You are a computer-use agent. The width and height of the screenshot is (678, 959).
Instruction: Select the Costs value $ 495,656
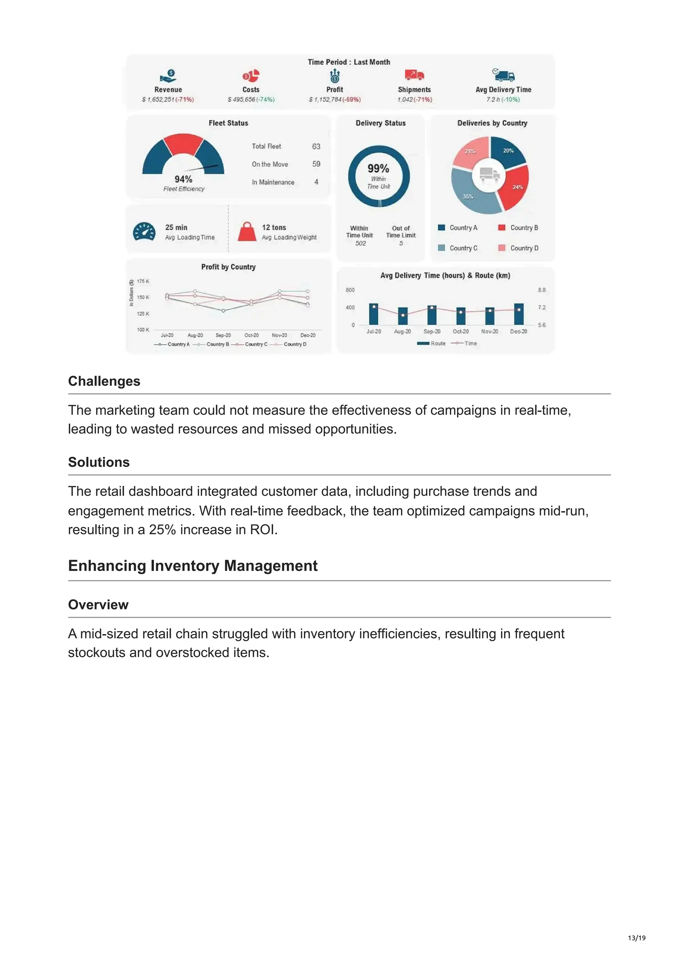click(241, 99)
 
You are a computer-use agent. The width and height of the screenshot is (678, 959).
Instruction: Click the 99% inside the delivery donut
click(378, 169)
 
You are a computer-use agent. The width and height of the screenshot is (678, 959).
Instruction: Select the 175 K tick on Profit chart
click(143, 281)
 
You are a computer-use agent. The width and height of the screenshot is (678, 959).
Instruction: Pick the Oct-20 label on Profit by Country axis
click(252, 335)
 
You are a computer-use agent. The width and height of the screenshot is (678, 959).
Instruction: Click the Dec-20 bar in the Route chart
click(518, 314)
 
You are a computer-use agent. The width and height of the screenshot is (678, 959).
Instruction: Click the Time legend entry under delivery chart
click(464, 343)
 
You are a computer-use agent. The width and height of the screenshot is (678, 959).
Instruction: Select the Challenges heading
click(104, 381)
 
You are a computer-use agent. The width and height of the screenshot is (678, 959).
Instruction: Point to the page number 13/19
click(636, 938)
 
